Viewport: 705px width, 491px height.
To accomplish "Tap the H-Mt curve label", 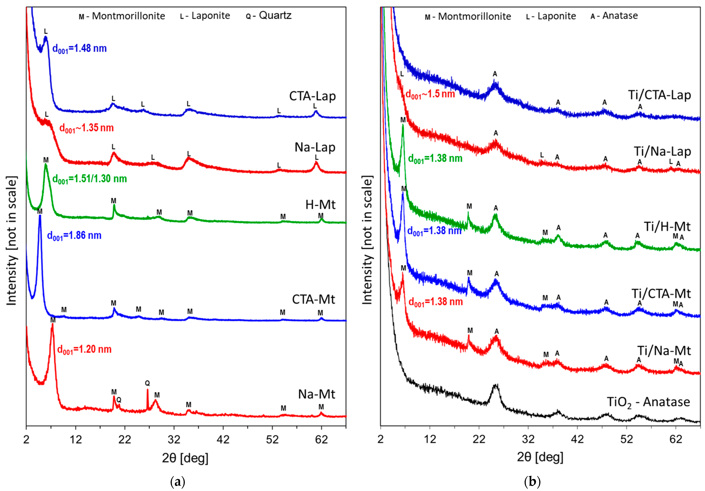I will (320, 205).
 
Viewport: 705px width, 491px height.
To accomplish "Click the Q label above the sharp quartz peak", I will (147, 383).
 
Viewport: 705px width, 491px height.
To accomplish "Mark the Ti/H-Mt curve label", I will (667, 227).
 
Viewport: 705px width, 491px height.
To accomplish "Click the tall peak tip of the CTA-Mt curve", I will (40, 216).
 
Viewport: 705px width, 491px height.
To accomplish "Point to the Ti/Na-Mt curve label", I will (664, 351).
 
